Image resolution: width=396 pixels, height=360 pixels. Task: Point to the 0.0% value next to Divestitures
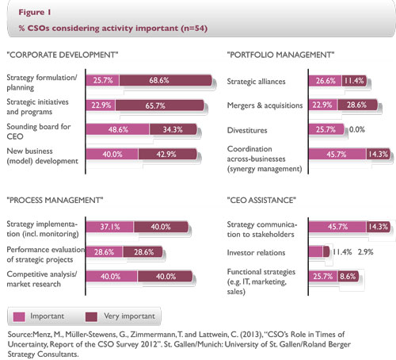coord(358,128)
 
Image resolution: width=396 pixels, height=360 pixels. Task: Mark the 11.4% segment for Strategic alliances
coord(354,82)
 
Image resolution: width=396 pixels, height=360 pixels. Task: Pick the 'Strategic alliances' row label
coord(258,82)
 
